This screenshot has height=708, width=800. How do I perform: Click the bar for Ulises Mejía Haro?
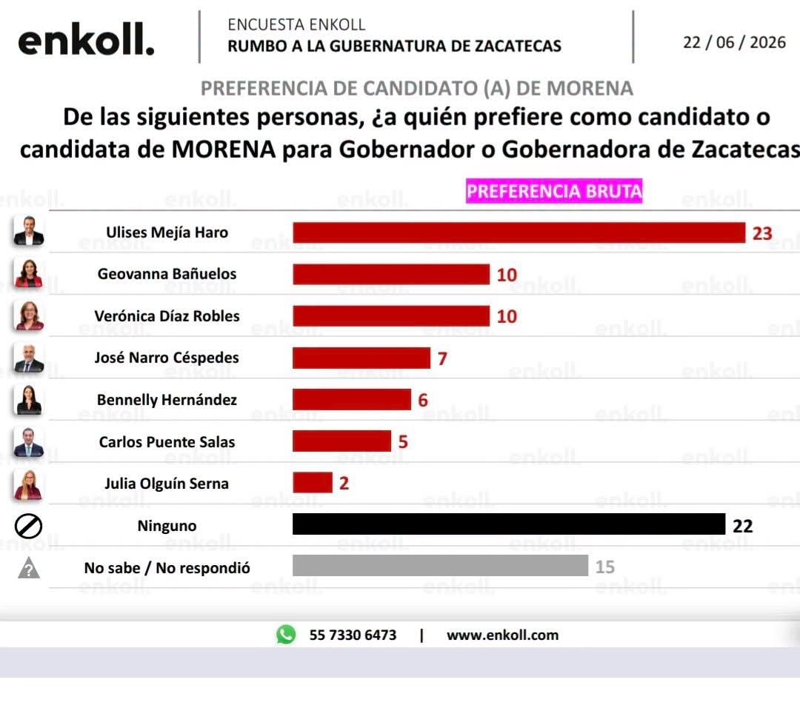[519, 233]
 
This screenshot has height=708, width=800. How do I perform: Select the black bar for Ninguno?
[509, 524]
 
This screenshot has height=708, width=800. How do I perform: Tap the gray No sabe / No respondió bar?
[440, 566]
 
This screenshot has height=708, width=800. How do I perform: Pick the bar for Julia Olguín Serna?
[313, 483]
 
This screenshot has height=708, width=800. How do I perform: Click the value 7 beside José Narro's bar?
[442, 358]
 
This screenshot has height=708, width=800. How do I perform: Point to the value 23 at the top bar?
[762, 233]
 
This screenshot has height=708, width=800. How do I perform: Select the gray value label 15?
[605, 567]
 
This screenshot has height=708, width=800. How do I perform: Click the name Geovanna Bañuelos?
[167, 274]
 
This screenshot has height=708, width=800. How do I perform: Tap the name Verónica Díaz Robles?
[167, 315]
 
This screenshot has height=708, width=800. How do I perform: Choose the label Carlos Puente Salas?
[167, 441]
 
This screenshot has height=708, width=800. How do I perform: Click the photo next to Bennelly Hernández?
[29, 400]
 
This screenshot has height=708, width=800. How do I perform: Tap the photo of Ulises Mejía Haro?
[29, 230]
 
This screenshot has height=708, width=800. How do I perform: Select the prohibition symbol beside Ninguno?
[29, 526]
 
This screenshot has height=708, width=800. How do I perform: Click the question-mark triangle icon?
[29, 568]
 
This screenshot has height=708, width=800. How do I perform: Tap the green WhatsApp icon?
[286, 635]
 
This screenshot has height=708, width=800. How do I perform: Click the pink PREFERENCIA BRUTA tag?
[554, 191]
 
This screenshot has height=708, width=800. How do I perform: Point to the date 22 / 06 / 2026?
[734, 42]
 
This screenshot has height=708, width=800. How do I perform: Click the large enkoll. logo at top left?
[86, 40]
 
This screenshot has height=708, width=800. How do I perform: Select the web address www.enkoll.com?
[502, 635]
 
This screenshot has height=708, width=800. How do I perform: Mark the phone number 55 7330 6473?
[353, 635]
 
